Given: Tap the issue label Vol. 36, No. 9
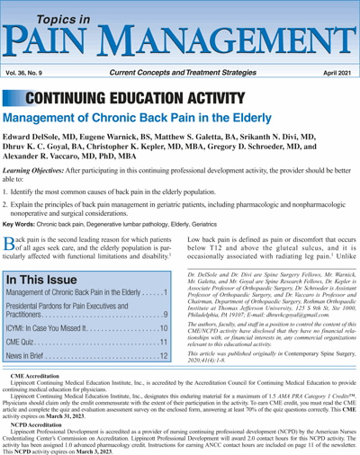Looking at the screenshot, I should pyautogui.click(x=30, y=68).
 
